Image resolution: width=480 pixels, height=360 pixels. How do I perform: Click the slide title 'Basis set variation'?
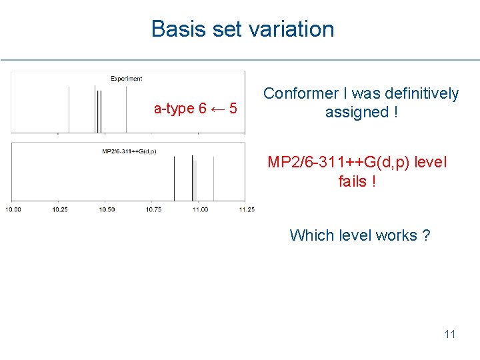click(243, 29)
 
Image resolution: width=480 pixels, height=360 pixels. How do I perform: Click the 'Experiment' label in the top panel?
click(126, 79)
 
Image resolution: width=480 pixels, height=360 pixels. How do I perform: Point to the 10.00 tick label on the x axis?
click(13, 209)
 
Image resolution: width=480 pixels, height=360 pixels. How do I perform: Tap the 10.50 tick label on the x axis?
click(107, 209)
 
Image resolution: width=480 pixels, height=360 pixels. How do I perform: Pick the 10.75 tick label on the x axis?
click(153, 209)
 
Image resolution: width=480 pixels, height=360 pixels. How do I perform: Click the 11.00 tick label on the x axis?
click(199, 209)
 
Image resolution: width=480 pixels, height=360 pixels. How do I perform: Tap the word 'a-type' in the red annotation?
click(173, 109)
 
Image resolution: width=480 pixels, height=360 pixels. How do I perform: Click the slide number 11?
click(450, 334)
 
